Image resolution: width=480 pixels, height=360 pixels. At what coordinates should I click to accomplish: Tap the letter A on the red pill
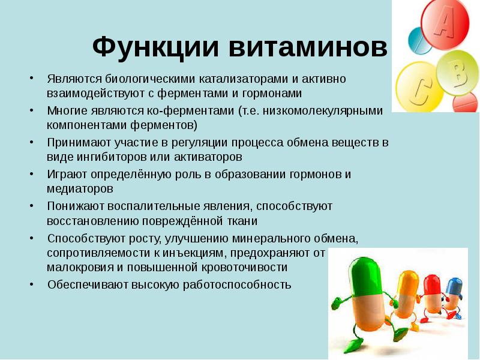[444, 23]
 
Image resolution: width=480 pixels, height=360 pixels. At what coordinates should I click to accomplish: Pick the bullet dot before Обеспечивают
[31, 285]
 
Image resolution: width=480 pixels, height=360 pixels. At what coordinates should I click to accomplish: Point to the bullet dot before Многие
[31, 111]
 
